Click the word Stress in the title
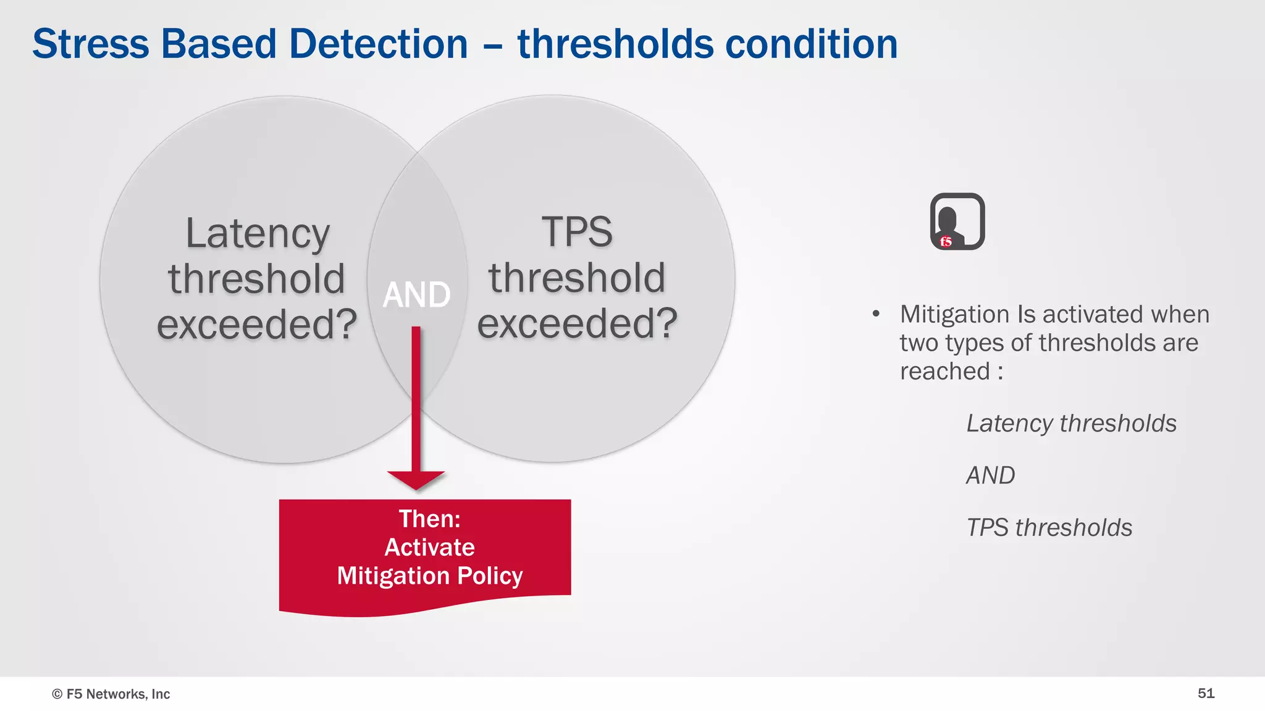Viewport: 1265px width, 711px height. (x=91, y=44)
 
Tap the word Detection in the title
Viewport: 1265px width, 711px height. (x=378, y=44)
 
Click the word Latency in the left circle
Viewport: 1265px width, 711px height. (x=258, y=234)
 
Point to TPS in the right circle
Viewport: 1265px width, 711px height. (x=577, y=233)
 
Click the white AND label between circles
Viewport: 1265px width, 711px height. (x=416, y=294)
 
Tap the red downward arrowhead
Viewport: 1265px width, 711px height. (x=416, y=479)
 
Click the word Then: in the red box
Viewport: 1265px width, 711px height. (x=429, y=518)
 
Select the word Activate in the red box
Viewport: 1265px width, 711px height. (x=429, y=547)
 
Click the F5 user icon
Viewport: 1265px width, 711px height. (x=957, y=221)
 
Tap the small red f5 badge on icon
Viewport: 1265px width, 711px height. (x=946, y=241)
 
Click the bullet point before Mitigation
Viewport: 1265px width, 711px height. (x=876, y=314)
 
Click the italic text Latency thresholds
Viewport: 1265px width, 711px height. (x=1071, y=423)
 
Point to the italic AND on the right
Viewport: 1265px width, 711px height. (x=990, y=475)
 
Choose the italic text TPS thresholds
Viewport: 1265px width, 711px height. (x=1049, y=528)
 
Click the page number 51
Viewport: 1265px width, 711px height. (x=1206, y=693)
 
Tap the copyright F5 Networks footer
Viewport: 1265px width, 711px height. (x=111, y=694)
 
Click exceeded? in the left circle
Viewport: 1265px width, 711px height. (x=257, y=324)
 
